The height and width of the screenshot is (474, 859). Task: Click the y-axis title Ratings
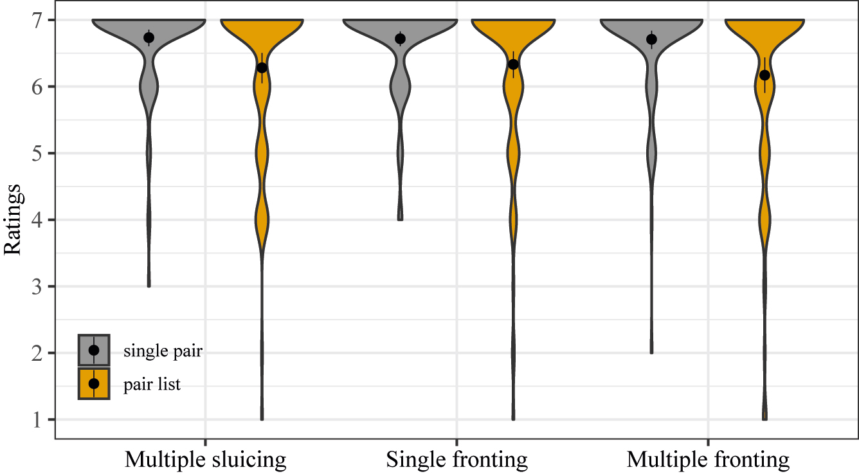pos(14,220)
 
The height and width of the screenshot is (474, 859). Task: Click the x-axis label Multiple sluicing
pos(205,460)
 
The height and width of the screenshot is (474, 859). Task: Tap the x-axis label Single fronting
pos(457,460)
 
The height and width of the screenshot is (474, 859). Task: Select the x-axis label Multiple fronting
pos(708,460)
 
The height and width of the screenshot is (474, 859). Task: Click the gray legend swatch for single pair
pos(95,351)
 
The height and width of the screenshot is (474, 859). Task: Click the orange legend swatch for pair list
pos(95,383)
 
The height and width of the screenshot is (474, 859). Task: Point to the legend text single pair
pos(163,351)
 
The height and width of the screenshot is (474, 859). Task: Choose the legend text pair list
pos(152,385)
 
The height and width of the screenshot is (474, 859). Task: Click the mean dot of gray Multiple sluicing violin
pos(149,38)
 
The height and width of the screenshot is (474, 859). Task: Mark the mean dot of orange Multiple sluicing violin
pos(262,68)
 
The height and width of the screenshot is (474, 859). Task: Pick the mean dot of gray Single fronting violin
pos(400,39)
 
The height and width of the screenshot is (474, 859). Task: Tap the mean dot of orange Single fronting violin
pos(513,64)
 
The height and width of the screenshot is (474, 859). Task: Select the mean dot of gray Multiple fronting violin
pos(651,39)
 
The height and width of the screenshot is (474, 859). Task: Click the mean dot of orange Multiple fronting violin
pos(764,75)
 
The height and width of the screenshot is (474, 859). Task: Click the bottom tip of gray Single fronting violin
pos(400,219)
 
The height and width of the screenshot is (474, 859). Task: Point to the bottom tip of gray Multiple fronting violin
pos(651,352)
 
